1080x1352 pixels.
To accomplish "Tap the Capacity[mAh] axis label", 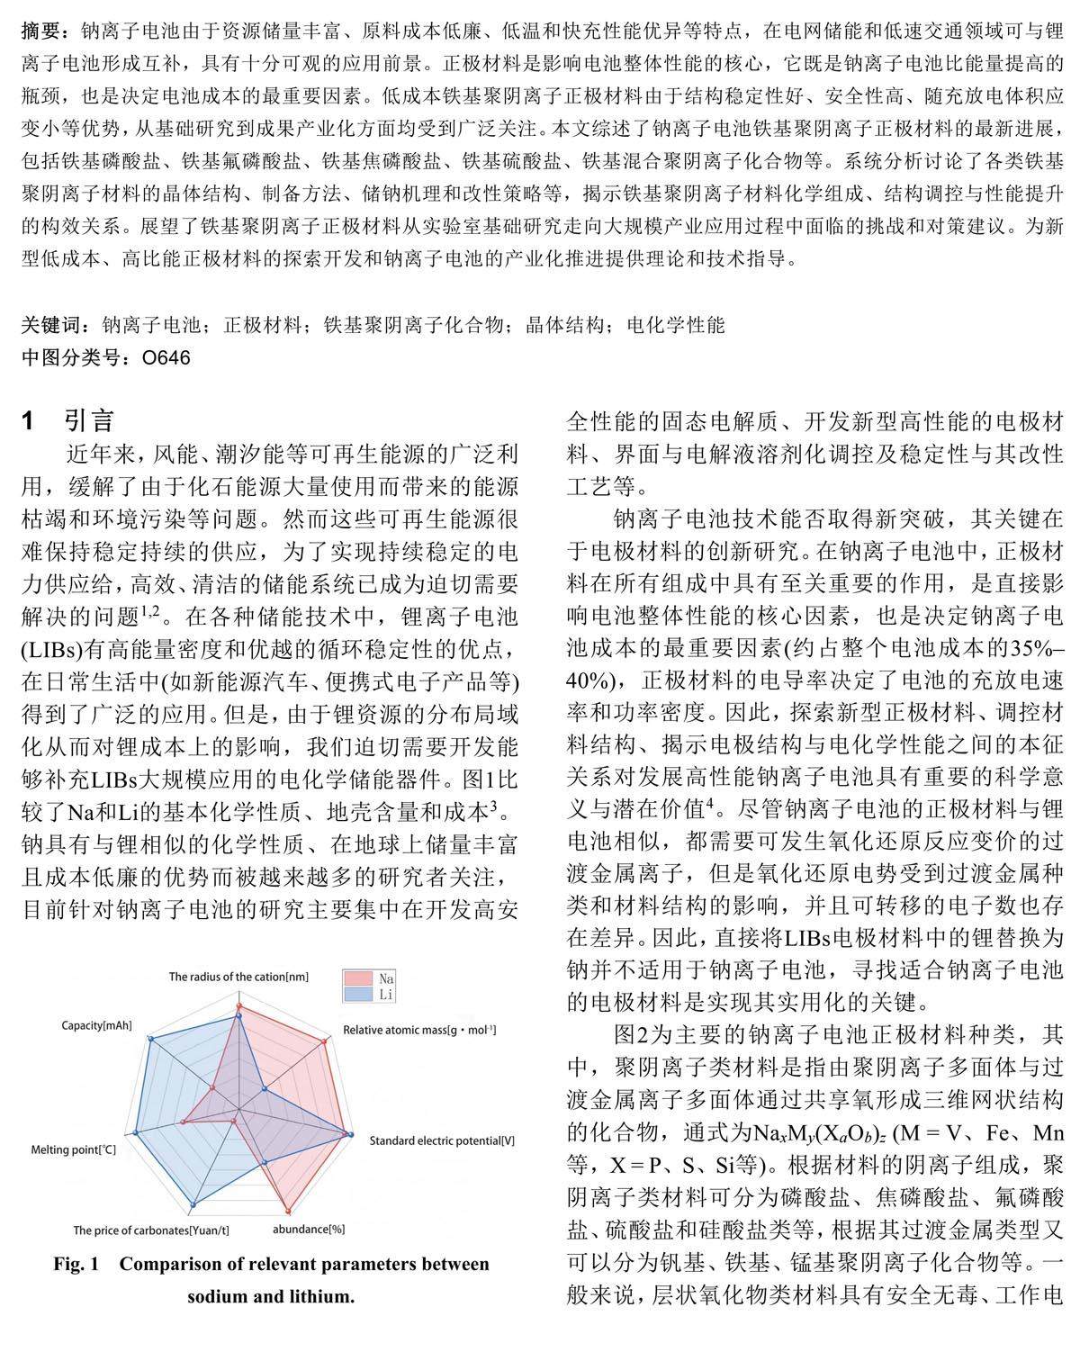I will pyautogui.click(x=97, y=1026).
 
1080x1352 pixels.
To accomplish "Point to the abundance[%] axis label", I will pyautogui.click(x=309, y=1228).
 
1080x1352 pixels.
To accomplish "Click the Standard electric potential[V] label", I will pyautogui.click(x=443, y=1140).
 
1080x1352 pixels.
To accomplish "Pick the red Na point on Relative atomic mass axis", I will pyautogui.click(x=324, y=1041).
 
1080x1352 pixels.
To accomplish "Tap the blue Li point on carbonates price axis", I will pyautogui.click(x=193, y=1203).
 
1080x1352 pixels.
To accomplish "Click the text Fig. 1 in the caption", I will pyautogui.click(x=76, y=1264).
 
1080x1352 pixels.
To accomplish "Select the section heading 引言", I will pyautogui.click(x=89, y=419).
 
